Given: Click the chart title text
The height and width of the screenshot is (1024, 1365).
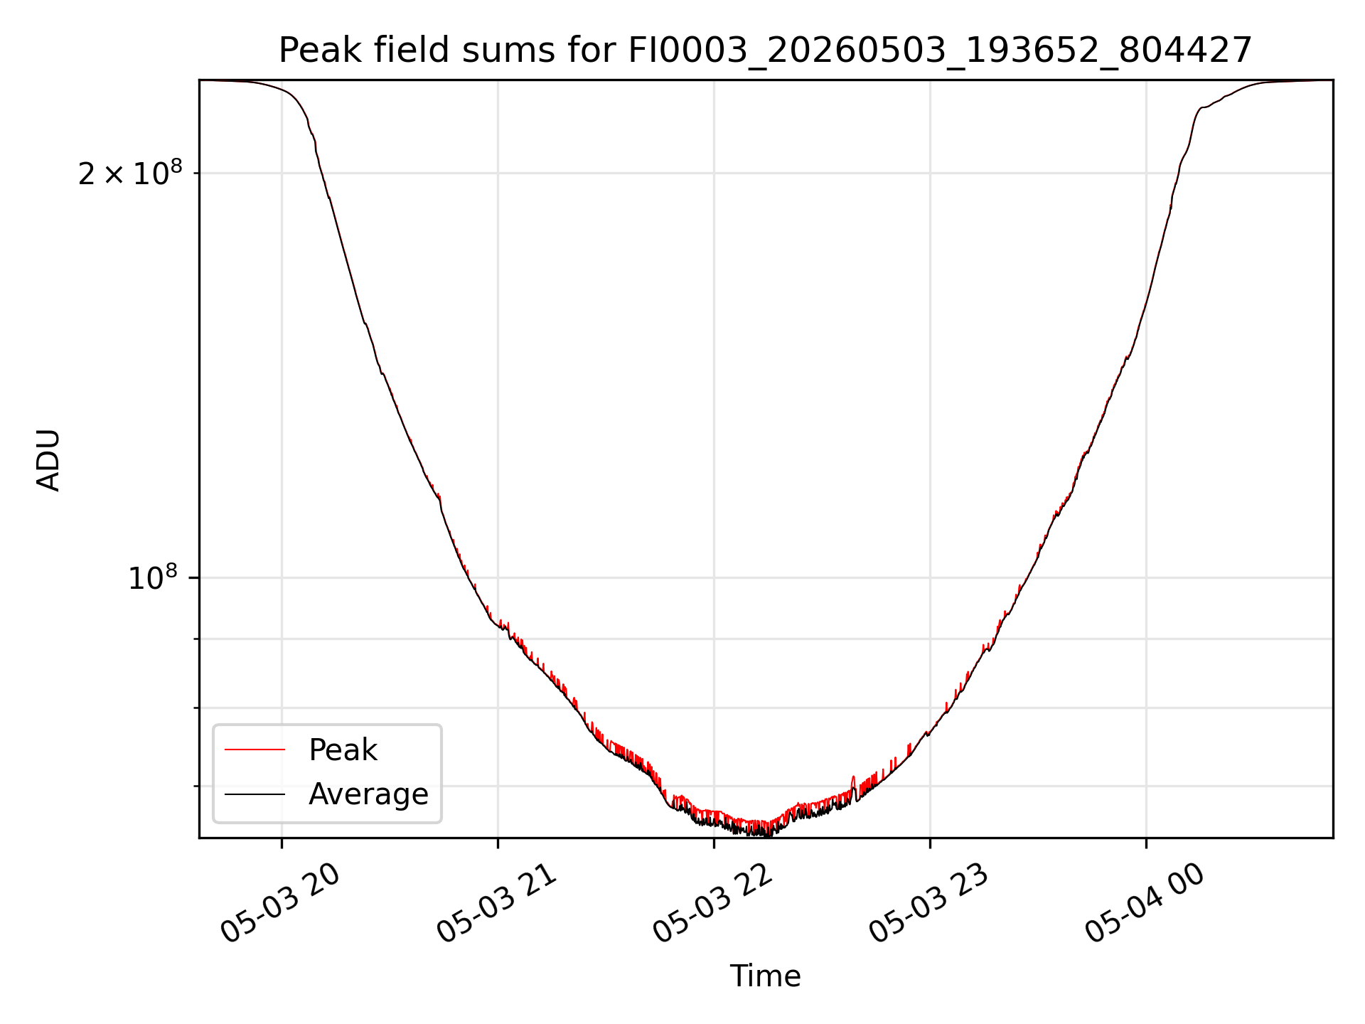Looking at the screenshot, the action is pos(765,50).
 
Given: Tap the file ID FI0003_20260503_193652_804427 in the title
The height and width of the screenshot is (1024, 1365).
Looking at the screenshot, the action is pos(940,51).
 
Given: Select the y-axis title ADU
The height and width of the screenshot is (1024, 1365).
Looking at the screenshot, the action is pos(48,459).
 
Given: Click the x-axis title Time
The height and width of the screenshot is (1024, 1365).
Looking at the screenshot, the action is pos(765,976).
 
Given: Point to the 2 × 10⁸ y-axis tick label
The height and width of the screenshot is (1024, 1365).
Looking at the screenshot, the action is pos(130,173).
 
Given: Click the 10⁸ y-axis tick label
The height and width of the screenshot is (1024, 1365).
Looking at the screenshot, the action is pos(155,577).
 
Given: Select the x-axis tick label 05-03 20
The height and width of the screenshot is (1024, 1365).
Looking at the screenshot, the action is pos(281,903).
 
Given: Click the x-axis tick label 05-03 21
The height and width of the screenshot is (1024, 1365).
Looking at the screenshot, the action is pos(497,903).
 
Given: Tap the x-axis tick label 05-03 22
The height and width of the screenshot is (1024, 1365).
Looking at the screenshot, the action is pos(713,903).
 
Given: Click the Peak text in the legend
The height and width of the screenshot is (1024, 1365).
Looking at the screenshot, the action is pos(343,750).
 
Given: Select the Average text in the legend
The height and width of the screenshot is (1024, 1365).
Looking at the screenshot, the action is pos(368,794).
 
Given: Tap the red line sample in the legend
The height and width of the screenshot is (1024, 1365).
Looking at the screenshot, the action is pos(255,750).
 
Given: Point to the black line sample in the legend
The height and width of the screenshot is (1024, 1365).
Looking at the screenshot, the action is pos(255,794).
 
